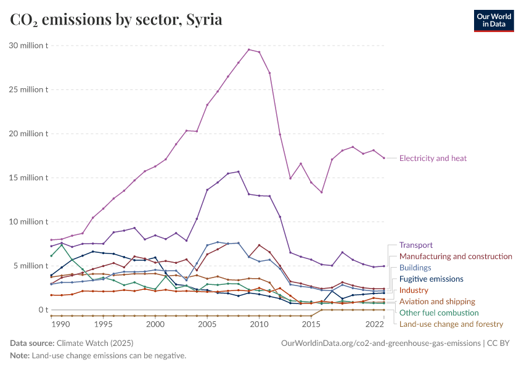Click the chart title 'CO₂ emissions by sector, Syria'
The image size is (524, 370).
click(x=117, y=20)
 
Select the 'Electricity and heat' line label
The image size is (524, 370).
click(x=433, y=158)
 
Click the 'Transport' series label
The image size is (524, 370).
click(x=416, y=245)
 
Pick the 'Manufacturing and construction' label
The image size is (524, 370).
click(x=456, y=256)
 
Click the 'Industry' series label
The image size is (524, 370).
click(x=414, y=290)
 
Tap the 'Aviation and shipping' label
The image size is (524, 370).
click(x=437, y=302)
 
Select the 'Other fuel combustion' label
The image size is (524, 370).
click(x=439, y=313)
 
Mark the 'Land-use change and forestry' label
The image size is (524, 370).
click(x=451, y=324)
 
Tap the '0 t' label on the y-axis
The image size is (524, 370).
click(x=42, y=310)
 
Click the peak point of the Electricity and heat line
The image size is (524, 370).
click(x=248, y=49)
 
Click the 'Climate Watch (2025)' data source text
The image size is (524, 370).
click(x=94, y=343)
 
